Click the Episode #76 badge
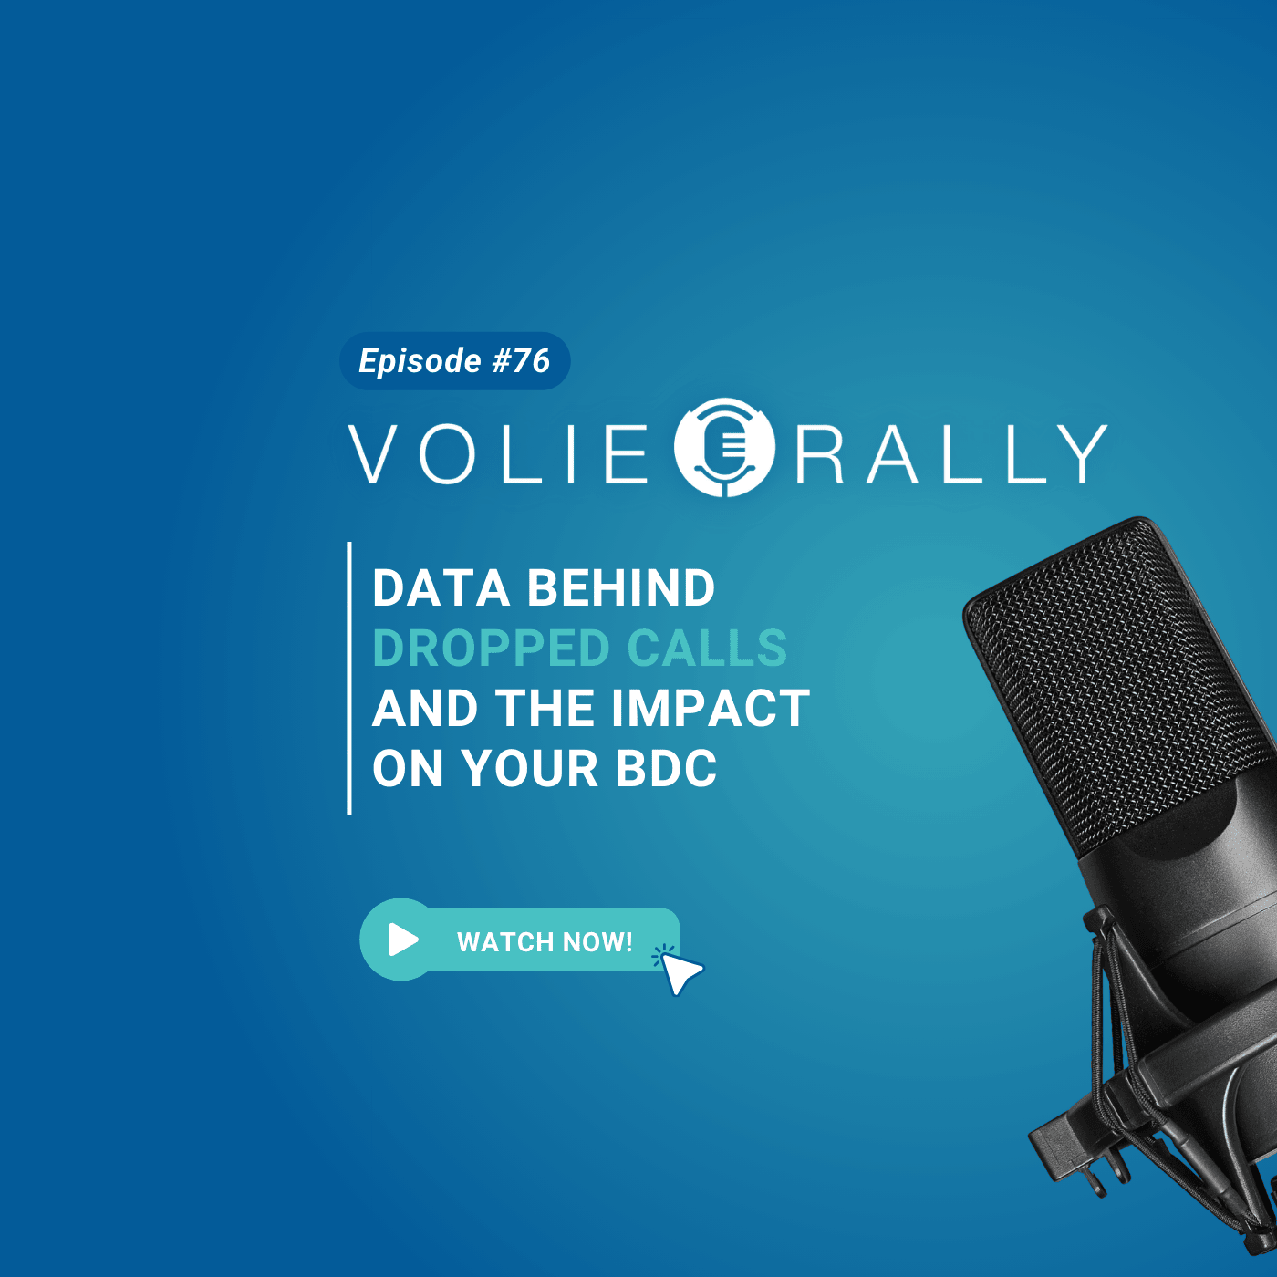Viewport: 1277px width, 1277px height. (454, 361)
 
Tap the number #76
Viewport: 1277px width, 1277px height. (521, 361)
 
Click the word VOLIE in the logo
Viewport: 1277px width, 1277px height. (498, 454)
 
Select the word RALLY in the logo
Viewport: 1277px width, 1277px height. (951, 454)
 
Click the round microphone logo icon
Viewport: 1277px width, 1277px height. (725, 447)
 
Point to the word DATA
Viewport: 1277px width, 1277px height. (441, 587)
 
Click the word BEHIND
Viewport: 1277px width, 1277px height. (621, 587)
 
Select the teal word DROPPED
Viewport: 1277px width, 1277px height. (491, 648)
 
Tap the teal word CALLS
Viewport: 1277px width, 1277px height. (707, 648)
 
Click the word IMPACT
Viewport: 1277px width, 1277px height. (711, 709)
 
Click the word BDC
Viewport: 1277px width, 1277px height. (666, 769)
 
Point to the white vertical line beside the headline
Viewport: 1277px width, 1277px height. (349, 678)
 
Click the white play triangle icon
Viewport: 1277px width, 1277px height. (403, 940)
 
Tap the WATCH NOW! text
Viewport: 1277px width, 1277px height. (545, 941)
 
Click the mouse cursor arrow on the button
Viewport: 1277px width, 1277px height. (680, 973)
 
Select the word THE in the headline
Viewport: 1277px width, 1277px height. (545, 709)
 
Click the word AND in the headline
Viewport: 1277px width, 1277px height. (425, 709)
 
